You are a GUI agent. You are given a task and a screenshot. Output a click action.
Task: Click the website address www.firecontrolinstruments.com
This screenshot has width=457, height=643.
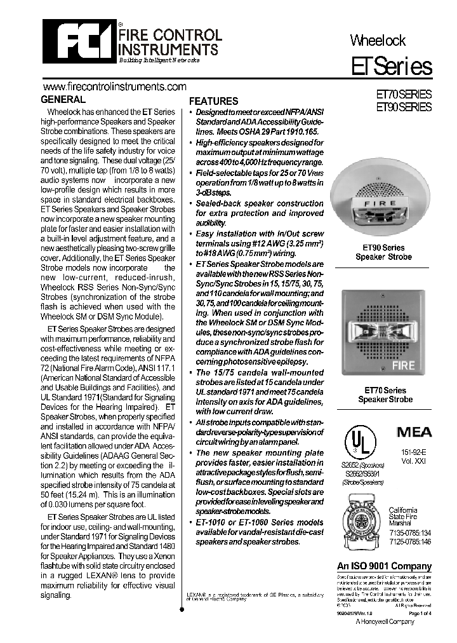tap(114, 86)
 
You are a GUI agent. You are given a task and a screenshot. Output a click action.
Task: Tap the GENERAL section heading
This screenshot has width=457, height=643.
tap(63, 100)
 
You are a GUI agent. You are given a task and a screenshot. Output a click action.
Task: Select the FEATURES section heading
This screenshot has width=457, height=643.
tap(214, 101)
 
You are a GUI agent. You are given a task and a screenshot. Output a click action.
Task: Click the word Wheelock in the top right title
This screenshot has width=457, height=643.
tap(378, 41)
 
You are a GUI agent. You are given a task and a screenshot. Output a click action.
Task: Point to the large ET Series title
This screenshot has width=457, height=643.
tap(392, 67)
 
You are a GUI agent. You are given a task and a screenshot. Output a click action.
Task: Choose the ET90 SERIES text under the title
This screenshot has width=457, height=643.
tap(404, 107)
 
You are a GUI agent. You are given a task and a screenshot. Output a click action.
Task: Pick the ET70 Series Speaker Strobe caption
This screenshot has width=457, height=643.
tap(385, 395)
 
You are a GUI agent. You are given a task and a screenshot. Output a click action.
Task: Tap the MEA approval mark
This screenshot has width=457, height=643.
tap(414, 432)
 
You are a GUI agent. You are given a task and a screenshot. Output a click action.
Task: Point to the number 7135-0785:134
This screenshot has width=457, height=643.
tap(409, 532)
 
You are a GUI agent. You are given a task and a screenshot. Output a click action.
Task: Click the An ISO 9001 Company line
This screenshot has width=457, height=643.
tap(383, 566)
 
